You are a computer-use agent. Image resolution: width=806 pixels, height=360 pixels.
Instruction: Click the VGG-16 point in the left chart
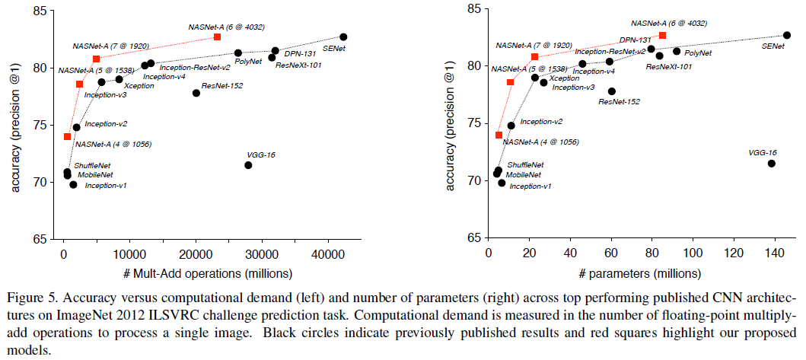[x=248, y=165]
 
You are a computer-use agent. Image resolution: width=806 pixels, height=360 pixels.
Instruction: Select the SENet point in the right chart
[x=787, y=35]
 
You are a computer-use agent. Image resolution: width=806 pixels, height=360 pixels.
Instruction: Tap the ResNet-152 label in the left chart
[x=222, y=85]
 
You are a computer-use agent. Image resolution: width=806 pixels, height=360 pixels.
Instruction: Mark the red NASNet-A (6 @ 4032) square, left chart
[x=218, y=37]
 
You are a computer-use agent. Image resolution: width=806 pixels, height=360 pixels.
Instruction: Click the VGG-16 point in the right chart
[x=772, y=164]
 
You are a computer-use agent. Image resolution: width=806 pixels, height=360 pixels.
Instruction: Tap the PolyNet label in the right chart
[x=697, y=53]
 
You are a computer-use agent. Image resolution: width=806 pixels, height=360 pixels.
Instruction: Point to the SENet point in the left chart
[x=343, y=37]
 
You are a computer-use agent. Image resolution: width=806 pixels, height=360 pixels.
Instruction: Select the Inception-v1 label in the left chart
[x=106, y=185]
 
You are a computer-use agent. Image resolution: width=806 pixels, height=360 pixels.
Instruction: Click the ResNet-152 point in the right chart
[x=612, y=91]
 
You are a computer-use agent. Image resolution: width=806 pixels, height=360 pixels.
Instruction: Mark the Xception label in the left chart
[x=139, y=86]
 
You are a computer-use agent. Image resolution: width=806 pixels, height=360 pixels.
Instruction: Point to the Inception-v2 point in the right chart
[x=511, y=126]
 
